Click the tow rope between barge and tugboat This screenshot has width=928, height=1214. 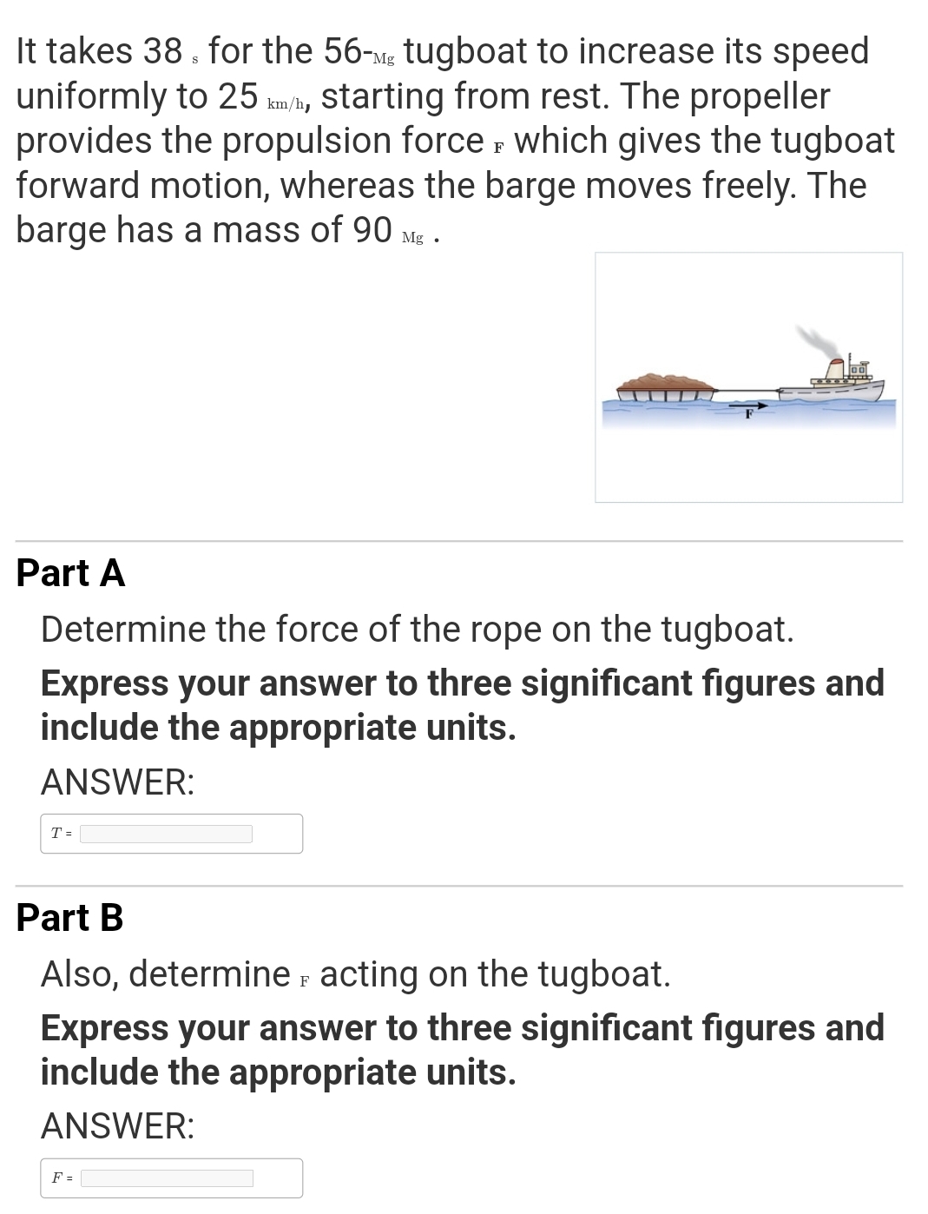pyautogui.click(x=747, y=389)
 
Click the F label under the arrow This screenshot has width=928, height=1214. pyautogui.click(x=747, y=415)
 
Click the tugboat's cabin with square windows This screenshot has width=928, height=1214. pyautogui.click(x=858, y=371)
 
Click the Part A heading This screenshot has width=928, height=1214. pyautogui.click(x=70, y=573)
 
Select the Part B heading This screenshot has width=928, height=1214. pyautogui.click(x=69, y=918)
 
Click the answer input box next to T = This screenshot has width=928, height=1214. pyautogui.click(x=166, y=834)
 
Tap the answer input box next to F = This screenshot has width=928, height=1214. pyautogui.click(x=167, y=1178)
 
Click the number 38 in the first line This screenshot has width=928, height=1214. pyautogui.click(x=162, y=51)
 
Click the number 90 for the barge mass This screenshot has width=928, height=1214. pyautogui.click(x=372, y=229)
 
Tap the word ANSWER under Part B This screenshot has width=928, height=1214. pyautogui.click(x=117, y=1126)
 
